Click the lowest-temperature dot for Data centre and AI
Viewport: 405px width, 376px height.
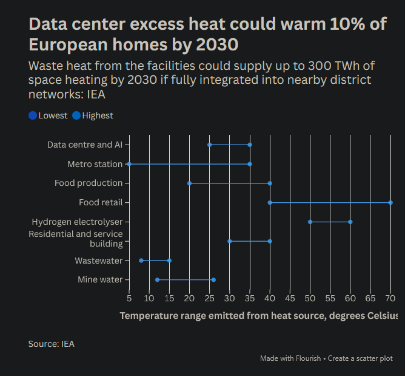tap(209, 145)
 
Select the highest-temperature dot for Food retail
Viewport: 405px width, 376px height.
tap(390, 202)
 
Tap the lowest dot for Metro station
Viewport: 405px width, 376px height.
tap(129, 164)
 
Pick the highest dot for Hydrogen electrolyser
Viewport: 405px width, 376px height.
tap(350, 222)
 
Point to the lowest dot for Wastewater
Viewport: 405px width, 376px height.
tap(141, 261)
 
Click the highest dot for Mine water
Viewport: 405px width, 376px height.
tap(213, 280)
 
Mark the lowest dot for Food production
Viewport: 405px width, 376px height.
tap(189, 183)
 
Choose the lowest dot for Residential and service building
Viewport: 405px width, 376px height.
tap(229, 241)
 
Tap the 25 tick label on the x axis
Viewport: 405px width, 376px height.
tap(209, 298)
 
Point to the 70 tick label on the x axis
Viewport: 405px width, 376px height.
tap(390, 298)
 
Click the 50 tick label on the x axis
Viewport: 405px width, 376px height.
tap(310, 298)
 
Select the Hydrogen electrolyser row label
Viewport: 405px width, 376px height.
tap(77, 222)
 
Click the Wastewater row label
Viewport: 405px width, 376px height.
tap(98, 261)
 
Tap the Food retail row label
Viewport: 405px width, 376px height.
tap(101, 202)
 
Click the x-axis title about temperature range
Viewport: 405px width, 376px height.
tap(258, 315)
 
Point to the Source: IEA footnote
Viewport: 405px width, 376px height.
tap(51, 344)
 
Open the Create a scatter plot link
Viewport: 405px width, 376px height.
tap(361, 358)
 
